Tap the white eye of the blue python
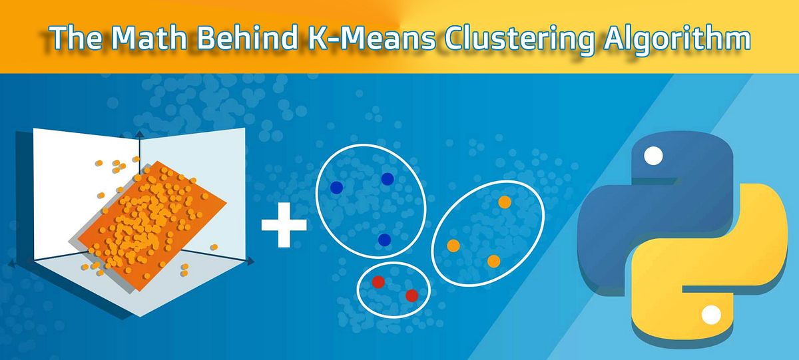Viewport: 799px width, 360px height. point(654,157)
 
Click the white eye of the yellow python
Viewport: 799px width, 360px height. point(711,313)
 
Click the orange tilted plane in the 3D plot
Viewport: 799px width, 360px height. point(153,220)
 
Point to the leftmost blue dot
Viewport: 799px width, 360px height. point(337,188)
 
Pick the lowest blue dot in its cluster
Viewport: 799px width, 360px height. point(384,240)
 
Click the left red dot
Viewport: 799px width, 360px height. point(378,282)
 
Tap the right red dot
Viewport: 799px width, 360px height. point(411,295)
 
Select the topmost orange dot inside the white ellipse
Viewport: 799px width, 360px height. point(504,202)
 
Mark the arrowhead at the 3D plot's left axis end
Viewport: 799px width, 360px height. point(11,265)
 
